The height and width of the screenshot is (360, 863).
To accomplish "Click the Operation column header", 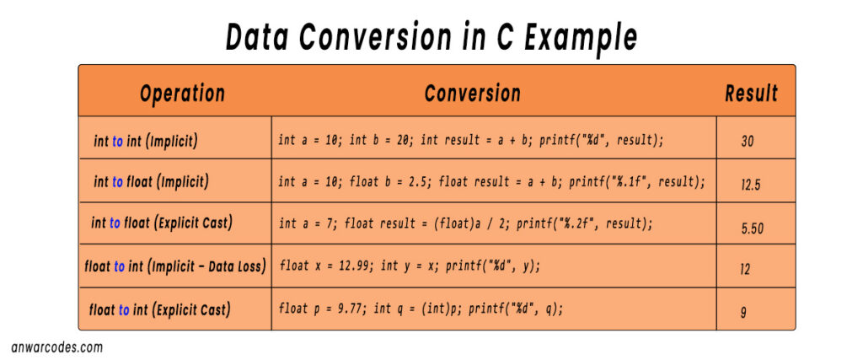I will coord(182,93).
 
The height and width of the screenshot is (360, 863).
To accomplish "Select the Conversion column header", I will coord(472,93).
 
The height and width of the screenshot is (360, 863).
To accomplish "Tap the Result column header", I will coord(751,93).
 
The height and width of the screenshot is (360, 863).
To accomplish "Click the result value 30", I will coord(748,142).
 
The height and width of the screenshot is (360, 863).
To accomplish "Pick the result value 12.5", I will coord(751,185).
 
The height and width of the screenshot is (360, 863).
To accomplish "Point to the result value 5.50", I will coord(753,228).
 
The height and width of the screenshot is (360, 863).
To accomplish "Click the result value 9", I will coord(743,313).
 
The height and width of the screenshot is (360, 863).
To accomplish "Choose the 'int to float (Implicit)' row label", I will coord(151,181).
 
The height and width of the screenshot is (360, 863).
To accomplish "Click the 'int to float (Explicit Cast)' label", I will coord(162,223).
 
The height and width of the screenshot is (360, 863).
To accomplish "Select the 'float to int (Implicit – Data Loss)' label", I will coord(175,266).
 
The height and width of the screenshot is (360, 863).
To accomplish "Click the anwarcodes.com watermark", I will coord(57,347).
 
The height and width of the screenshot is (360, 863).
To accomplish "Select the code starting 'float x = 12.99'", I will coord(409,266).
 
